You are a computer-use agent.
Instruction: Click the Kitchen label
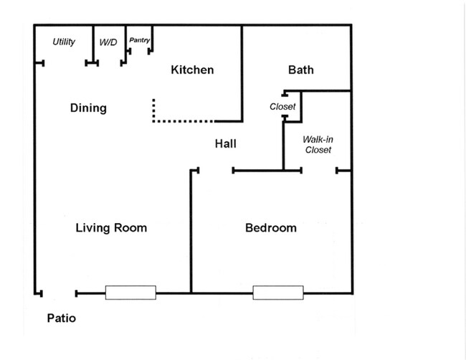coord(192,70)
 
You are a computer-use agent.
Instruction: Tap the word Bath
coord(301,70)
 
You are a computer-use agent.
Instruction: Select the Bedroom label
coord(271,228)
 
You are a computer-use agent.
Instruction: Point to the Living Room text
coord(111,228)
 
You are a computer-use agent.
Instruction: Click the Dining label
coord(88,108)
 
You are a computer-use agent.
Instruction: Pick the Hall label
coord(226,144)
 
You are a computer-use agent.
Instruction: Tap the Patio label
coord(61,318)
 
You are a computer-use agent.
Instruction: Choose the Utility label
coord(64,42)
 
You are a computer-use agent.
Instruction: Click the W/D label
coord(108,42)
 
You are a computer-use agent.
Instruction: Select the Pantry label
coord(139,40)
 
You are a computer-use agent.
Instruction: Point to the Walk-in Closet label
coord(318,144)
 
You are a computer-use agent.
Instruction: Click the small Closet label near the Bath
coord(282,106)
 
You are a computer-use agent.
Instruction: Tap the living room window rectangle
coord(130,293)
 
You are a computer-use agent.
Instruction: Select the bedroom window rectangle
coord(278,293)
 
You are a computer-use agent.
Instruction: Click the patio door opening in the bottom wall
coord(59,294)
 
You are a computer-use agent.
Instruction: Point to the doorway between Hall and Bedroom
coord(216,171)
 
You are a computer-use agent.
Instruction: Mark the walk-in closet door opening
coord(319,171)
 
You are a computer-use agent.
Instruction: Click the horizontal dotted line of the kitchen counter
coord(184,121)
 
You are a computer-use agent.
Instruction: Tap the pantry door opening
coord(139,52)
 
